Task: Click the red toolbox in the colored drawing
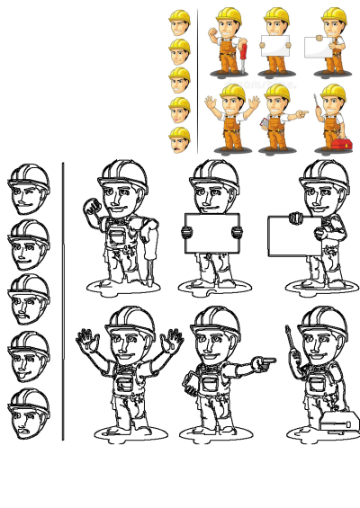coord(340,143)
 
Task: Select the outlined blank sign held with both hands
coord(211,234)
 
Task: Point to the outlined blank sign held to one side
coord(290,236)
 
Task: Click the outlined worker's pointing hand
coord(264,363)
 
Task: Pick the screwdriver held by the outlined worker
coord(290,342)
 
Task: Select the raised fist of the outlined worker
coord(92,209)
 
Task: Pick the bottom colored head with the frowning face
coord(180,139)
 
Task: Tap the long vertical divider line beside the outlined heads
coord(63,301)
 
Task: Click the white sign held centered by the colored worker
coord(275,45)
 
